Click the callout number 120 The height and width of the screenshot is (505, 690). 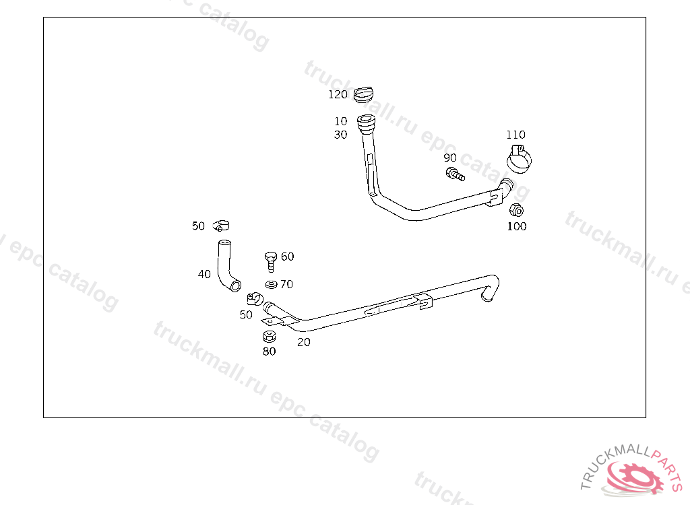coord(338,94)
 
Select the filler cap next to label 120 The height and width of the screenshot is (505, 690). coord(363,95)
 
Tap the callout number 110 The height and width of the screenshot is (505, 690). coord(515,135)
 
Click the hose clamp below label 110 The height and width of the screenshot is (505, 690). coord(520,159)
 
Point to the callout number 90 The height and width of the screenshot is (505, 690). coord(450,158)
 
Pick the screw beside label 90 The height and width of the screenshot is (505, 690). coord(455,175)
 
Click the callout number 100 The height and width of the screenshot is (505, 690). coord(517,226)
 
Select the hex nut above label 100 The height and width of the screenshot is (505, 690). coord(516,209)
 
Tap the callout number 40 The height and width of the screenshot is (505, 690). coord(204,274)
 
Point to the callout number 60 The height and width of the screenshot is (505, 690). coord(288,257)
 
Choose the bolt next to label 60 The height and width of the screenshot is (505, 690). coord(271,259)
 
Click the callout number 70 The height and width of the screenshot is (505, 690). coord(286,284)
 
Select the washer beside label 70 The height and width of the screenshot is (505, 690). coord(272,284)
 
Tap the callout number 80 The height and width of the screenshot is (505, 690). coord(269,351)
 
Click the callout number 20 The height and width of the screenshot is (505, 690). coord(304,342)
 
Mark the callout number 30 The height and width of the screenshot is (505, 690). coord(341,135)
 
